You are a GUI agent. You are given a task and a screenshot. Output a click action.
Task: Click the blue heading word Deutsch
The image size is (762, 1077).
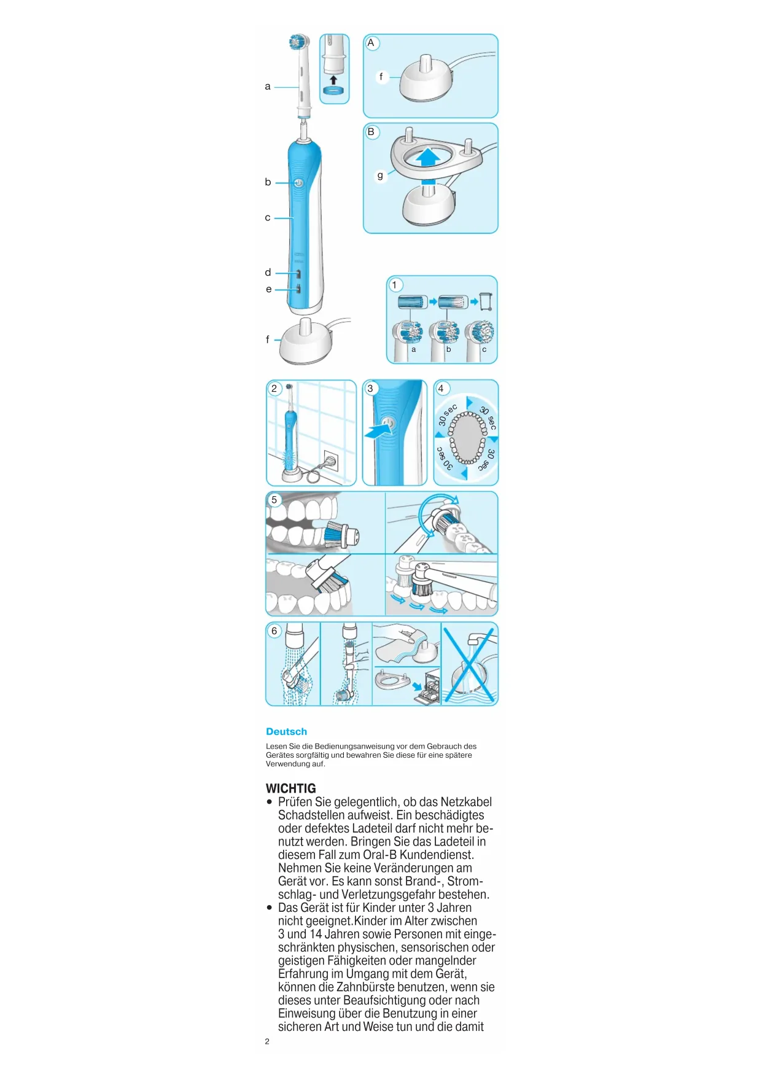pyautogui.click(x=286, y=731)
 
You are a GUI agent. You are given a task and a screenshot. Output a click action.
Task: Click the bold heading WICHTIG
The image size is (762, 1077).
pyautogui.click(x=290, y=788)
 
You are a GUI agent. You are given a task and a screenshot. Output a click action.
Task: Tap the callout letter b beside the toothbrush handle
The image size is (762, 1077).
pyautogui.click(x=268, y=182)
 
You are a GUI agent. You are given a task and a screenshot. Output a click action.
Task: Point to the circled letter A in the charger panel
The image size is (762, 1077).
pyautogui.click(x=371, y=43)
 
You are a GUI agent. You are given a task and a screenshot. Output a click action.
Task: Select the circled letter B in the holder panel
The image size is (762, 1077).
pyautogui.click(x=371, y=132)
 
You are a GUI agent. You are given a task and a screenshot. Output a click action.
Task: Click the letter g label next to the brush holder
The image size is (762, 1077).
pyautogui.click(x=380, y=176)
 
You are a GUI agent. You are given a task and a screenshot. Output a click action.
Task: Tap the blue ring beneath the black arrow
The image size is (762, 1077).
pyautogui.click(x=333, y=91)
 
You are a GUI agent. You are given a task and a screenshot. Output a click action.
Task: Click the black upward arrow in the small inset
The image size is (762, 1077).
pyautogui.click(x=333, y=80)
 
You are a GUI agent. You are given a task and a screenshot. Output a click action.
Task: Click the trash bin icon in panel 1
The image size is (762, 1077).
pyautogui.click(x=486, y=301)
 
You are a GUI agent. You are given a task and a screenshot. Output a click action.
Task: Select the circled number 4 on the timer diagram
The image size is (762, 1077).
pyautogui.click(x=441, y=389)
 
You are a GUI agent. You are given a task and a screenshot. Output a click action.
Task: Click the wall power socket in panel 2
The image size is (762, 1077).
pyautogui.click(x=330, y=460)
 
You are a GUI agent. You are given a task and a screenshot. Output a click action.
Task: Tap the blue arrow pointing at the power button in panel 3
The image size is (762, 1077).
pyautogui.click(x=376, y=431)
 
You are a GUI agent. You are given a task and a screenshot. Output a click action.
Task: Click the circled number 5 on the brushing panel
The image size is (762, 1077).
pyautogui.click(x=274, y=500)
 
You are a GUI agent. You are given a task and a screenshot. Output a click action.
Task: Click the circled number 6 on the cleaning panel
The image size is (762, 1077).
pyautogui.click(x=274, y=631)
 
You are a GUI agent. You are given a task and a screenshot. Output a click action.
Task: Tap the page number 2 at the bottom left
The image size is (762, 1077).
pyautogui.click(x=267, y=1041)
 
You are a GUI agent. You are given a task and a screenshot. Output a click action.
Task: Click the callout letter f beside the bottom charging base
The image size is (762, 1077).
pyautogui.click(x=268, y=340)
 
